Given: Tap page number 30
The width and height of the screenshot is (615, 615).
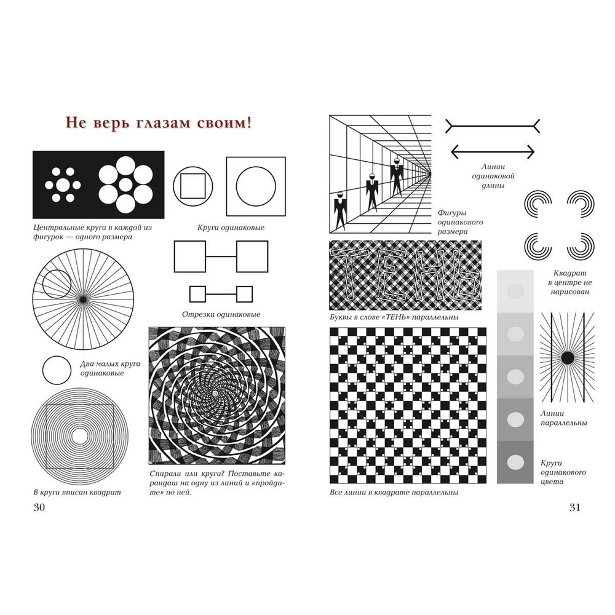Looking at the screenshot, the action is pos(39,507).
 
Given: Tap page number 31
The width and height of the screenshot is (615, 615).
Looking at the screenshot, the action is pos(574,507).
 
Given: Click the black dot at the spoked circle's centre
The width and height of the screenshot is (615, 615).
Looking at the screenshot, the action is pos(83,300).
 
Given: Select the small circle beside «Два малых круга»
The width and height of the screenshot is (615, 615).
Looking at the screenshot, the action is pos(57,370).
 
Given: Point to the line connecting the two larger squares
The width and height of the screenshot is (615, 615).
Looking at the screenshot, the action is pos(221,256).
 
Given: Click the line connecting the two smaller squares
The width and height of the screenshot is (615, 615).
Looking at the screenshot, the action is pos(221,294).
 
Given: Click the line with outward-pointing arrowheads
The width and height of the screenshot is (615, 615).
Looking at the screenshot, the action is pos(493,151).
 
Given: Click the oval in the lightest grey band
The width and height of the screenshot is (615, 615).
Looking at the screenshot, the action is pos(515,292).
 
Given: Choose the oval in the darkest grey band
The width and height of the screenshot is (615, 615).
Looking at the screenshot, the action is pos(515,462).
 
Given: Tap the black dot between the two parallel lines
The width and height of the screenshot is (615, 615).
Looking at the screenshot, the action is pos(567,358).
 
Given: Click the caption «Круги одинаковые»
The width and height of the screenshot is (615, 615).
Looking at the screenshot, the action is pos(231,228).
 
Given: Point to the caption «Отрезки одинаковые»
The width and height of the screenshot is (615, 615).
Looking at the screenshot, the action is pos(221,314).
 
